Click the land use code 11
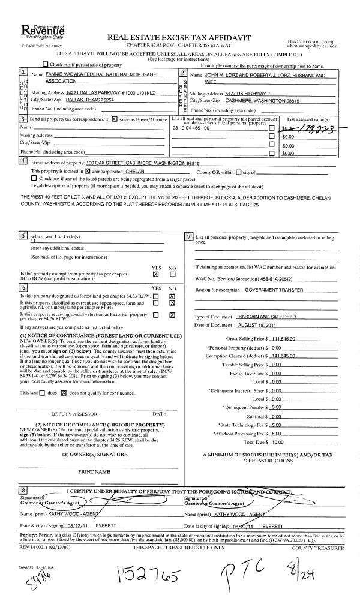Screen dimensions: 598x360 tap(34, 238)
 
